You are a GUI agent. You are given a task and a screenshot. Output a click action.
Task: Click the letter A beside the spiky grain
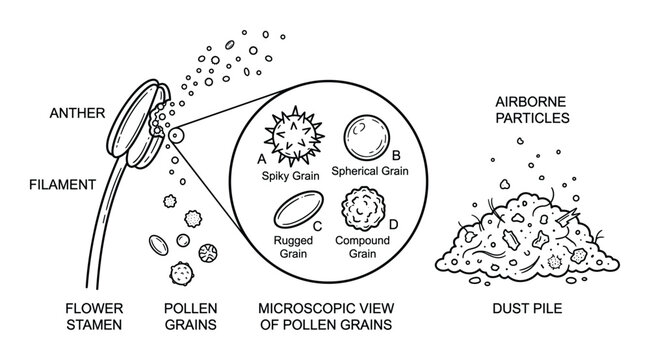pos(261,158)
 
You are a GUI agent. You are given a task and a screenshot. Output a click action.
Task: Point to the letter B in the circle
pos(396,155)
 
